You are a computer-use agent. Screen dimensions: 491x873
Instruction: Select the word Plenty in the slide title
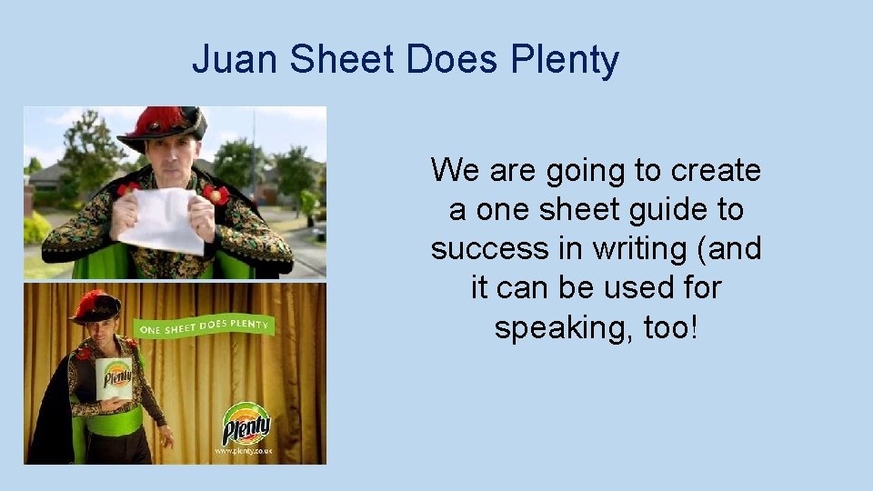tap(565, 61)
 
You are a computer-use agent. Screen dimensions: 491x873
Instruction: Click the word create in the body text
tap(716, 170)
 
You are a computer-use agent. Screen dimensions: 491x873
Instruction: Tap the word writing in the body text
tap(653, 248)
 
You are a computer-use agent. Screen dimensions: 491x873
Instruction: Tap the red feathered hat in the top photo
tap(163, 125)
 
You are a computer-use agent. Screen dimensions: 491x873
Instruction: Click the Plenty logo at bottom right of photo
tap(247, 423)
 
